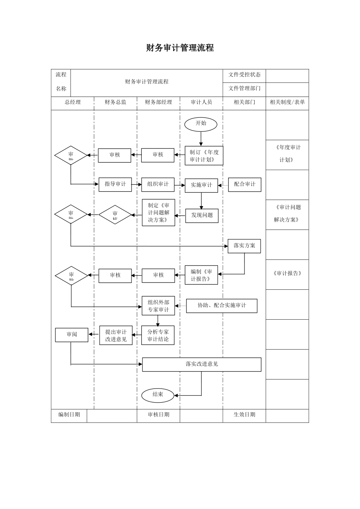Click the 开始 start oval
coord(201,124)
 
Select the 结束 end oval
coord(158,395)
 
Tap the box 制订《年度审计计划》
coord(204,156)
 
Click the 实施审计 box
coord(201,185)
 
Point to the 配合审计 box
coord(244,184)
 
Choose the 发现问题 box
coord(202,215)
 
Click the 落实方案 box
coord(244,246)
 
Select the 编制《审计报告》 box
coord(201,275)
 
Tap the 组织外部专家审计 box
coord(158,306)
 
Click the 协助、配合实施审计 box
coord(222,306)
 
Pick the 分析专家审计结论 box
coord(158,335)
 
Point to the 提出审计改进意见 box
coord(116,336)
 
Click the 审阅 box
coord(72,335)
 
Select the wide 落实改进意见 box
coord(202,364)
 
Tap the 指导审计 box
coord(115,184)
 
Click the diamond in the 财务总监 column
coord(115,215)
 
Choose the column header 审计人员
coord(201,102)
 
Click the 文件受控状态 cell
coord(244,75)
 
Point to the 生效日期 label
coord(244,415)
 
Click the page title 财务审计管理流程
coord(180,48)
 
